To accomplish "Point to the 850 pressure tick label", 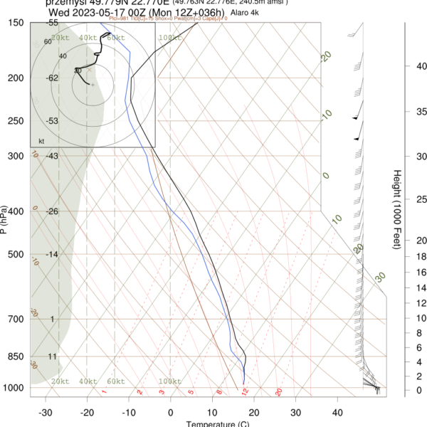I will point(15,356).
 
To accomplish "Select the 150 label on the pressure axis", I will point(15,23).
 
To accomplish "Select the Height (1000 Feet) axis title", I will point(396,209).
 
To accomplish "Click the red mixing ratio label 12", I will point(244,391).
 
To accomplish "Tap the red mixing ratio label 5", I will point(191,391).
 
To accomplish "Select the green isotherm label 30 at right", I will point(381,276).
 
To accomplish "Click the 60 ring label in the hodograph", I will point(48,42).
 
